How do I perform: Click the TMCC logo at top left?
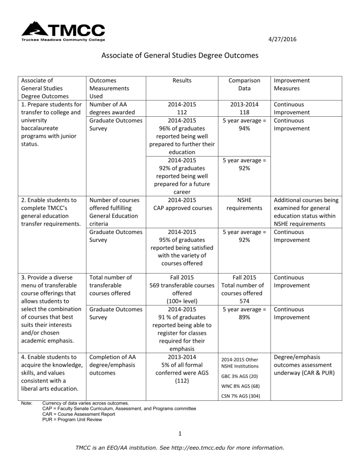(x=63, y=31)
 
